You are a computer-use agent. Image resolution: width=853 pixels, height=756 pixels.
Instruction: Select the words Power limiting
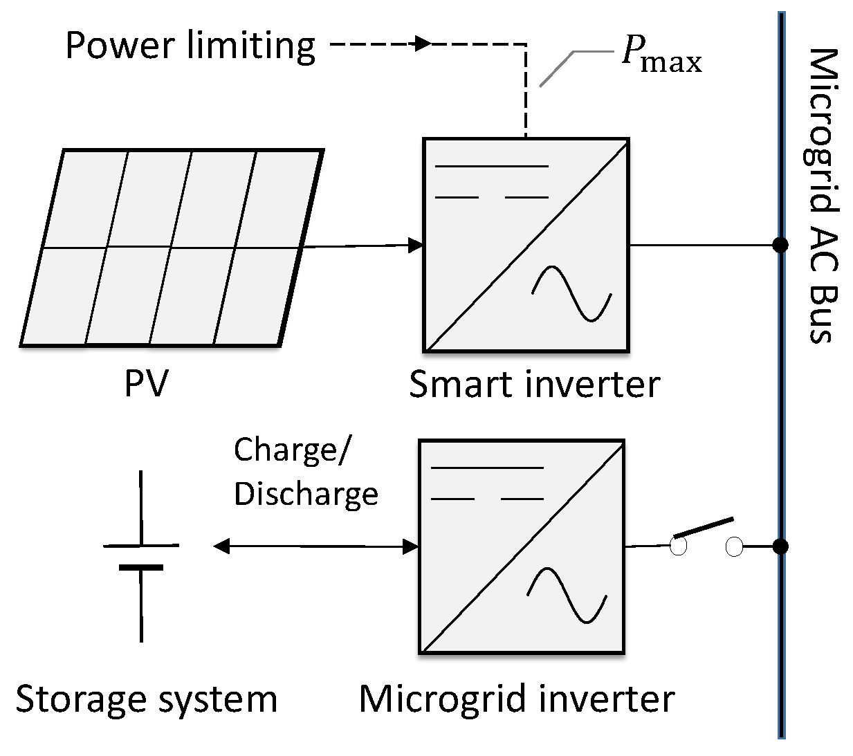coord(190,46)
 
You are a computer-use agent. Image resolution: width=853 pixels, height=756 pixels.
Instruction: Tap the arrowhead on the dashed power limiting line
coord(422,44)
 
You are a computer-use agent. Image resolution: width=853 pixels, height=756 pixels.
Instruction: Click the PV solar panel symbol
coord(172,246)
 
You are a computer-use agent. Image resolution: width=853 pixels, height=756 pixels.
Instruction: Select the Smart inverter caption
coord(534,384)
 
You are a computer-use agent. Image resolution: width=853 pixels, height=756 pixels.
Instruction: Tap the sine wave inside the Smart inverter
coord(571,293)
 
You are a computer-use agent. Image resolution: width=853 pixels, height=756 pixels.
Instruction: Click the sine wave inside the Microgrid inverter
coord(567,596)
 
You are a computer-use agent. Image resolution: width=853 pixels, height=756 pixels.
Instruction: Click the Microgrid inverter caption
coord(516,699)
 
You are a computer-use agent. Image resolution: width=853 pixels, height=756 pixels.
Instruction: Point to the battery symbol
coord(141,556)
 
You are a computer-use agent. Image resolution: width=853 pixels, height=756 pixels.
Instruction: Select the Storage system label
coord(146,699)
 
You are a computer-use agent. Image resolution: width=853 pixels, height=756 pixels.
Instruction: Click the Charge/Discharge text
coord(305,472)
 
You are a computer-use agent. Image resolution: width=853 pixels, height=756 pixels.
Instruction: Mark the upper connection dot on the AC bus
coord(780,245)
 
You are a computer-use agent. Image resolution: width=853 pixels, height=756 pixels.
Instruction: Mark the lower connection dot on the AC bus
coord(780,546)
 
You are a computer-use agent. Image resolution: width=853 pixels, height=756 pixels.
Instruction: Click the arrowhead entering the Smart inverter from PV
coord(415,245)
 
